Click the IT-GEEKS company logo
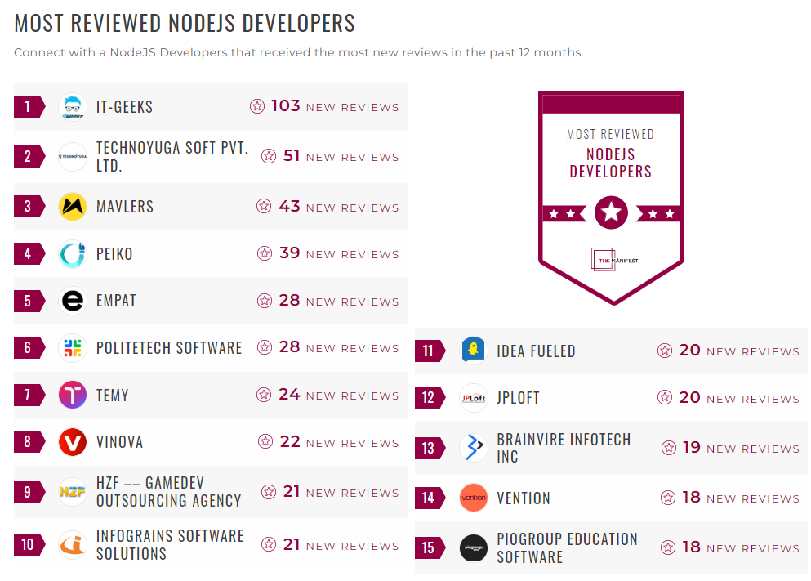click(x=73, y=107)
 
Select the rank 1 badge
click(x=29, y=107)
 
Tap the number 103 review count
click(x=286, y=106)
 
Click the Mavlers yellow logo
click(x=73, y=207)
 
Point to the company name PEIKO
click(x=114, y=254)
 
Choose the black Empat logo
click(x=73, y=302)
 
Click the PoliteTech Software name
click(x=169, y=348)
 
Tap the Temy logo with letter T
click(x=73, y=396)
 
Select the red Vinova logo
click(x=73, y=443)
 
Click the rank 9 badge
click(x=29, y=492)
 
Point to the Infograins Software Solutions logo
click(x=73, y=545)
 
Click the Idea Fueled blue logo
click(x=473, y=351)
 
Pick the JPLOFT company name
click(x=518, y=399)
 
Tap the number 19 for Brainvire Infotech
click(x=692, y=448)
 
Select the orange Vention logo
click(x=473, y=498)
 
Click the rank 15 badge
click(x=429, y=548)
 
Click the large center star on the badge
click(x=611, y=213)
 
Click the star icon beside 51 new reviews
click(x=269, y=156)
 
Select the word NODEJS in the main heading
click(x=197, y=23)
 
